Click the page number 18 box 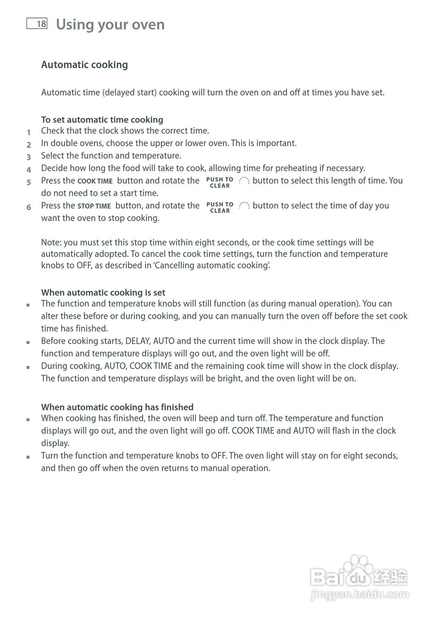click(37, 24)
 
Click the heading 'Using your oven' click(110, 24)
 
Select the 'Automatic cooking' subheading click(85, 65)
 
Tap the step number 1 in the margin click(29, 132)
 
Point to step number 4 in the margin click(29, 170)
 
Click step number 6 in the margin click(29, 207)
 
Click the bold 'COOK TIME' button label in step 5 click(95, 181)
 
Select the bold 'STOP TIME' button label click(94, 206)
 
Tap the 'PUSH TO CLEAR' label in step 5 click(220, 182)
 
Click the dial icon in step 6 click(244, 206)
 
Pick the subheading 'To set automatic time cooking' click(102, 119)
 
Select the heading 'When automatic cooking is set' click(103, 293)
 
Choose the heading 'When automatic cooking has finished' click(117, 407)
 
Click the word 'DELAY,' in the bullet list click(138, 341)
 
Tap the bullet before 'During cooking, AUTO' click(29, 368)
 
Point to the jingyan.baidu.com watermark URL click(360, 594)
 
